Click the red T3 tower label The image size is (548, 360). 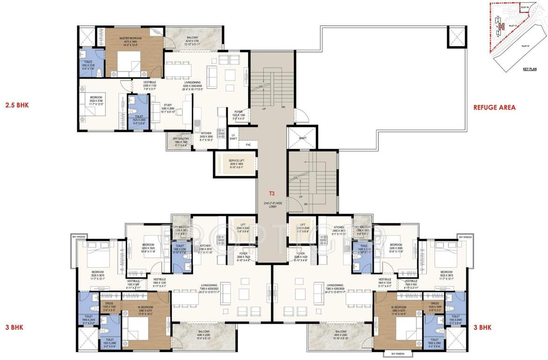tap(272, 193)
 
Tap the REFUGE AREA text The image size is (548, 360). tap(494, 107)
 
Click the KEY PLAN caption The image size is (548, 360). tap(530, 69)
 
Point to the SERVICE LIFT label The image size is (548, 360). tap(236, 160)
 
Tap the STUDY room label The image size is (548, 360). tap(168, 105)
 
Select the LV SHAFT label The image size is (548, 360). tap(233, 136)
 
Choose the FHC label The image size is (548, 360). tap(236, 145)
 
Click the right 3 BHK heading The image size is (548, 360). tap(483, 327)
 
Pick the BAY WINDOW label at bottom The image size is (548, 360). tap(393, 353)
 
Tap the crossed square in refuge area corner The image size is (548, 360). tap(457, 36)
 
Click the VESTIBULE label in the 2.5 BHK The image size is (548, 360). tap(149, 82)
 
